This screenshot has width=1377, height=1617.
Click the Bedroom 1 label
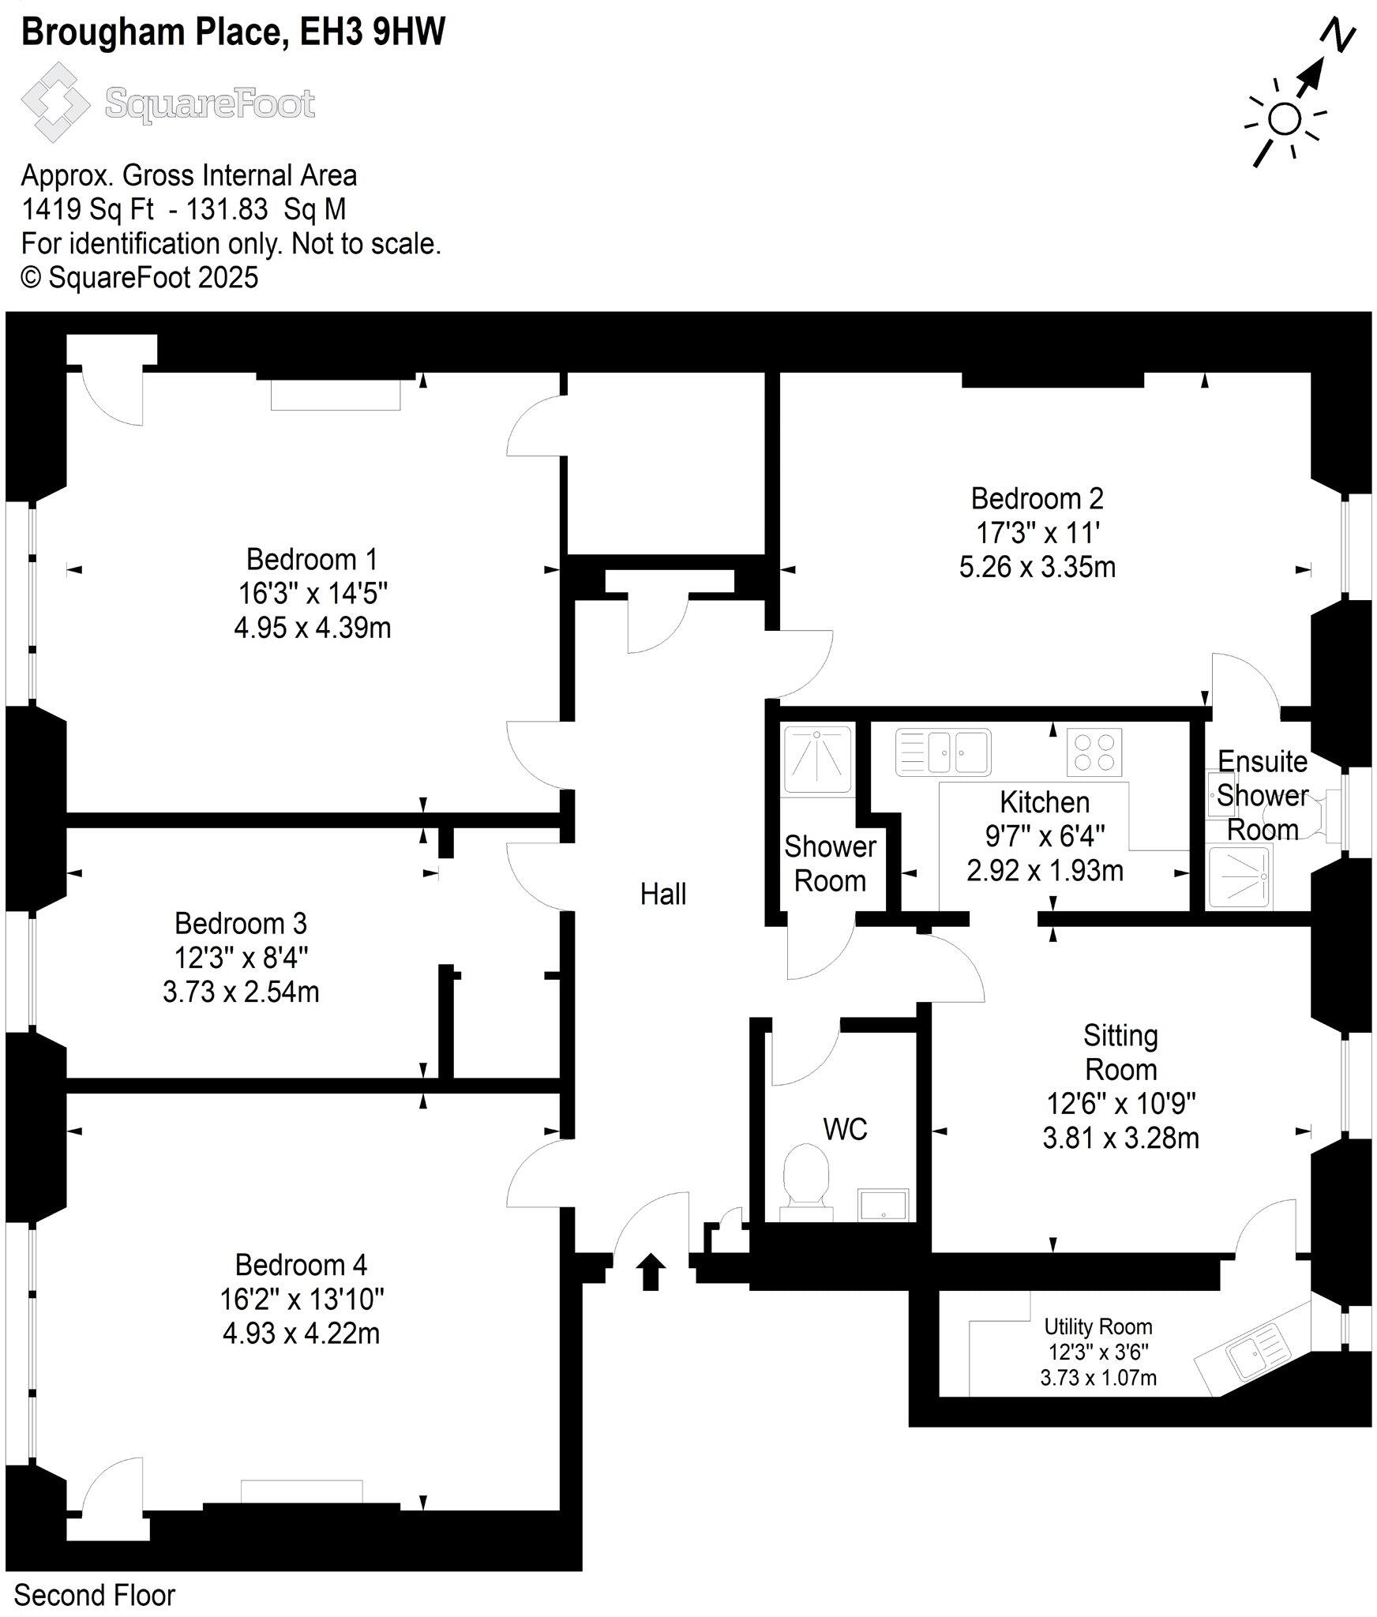(312, 559)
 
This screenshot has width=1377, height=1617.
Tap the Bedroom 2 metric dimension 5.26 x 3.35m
(1037, 567)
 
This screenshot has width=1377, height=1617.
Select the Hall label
(662, 894)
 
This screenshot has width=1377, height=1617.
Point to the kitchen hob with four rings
(1094, 752)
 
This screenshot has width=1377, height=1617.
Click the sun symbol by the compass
(1285, 121)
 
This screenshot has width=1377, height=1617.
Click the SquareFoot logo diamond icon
(55, 103)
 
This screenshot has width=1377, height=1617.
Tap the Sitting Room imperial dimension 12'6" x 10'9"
(1121, 1103)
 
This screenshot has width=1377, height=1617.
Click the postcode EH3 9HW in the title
(373, 32)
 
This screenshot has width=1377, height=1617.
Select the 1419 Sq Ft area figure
(88, 209)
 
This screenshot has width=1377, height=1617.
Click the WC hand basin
(883, 1205)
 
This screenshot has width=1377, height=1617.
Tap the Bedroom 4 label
(301, 1264)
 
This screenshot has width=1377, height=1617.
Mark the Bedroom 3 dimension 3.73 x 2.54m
(241, 991)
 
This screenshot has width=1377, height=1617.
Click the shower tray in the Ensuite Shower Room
(1240, 877)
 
